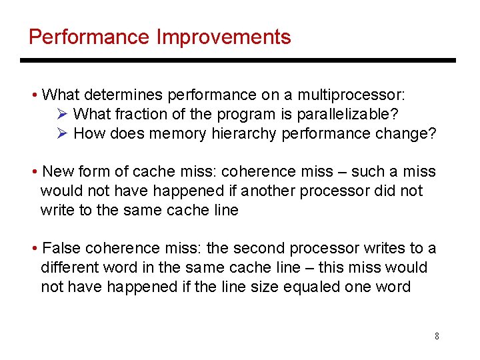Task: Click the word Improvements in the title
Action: pos(223,37)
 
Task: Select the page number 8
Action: pos(437,336)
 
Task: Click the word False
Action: pos(61,249)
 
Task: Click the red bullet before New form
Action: pos(35,172)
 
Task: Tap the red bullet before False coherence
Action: pos(35,249)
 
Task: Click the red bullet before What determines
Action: pos(35,95)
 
